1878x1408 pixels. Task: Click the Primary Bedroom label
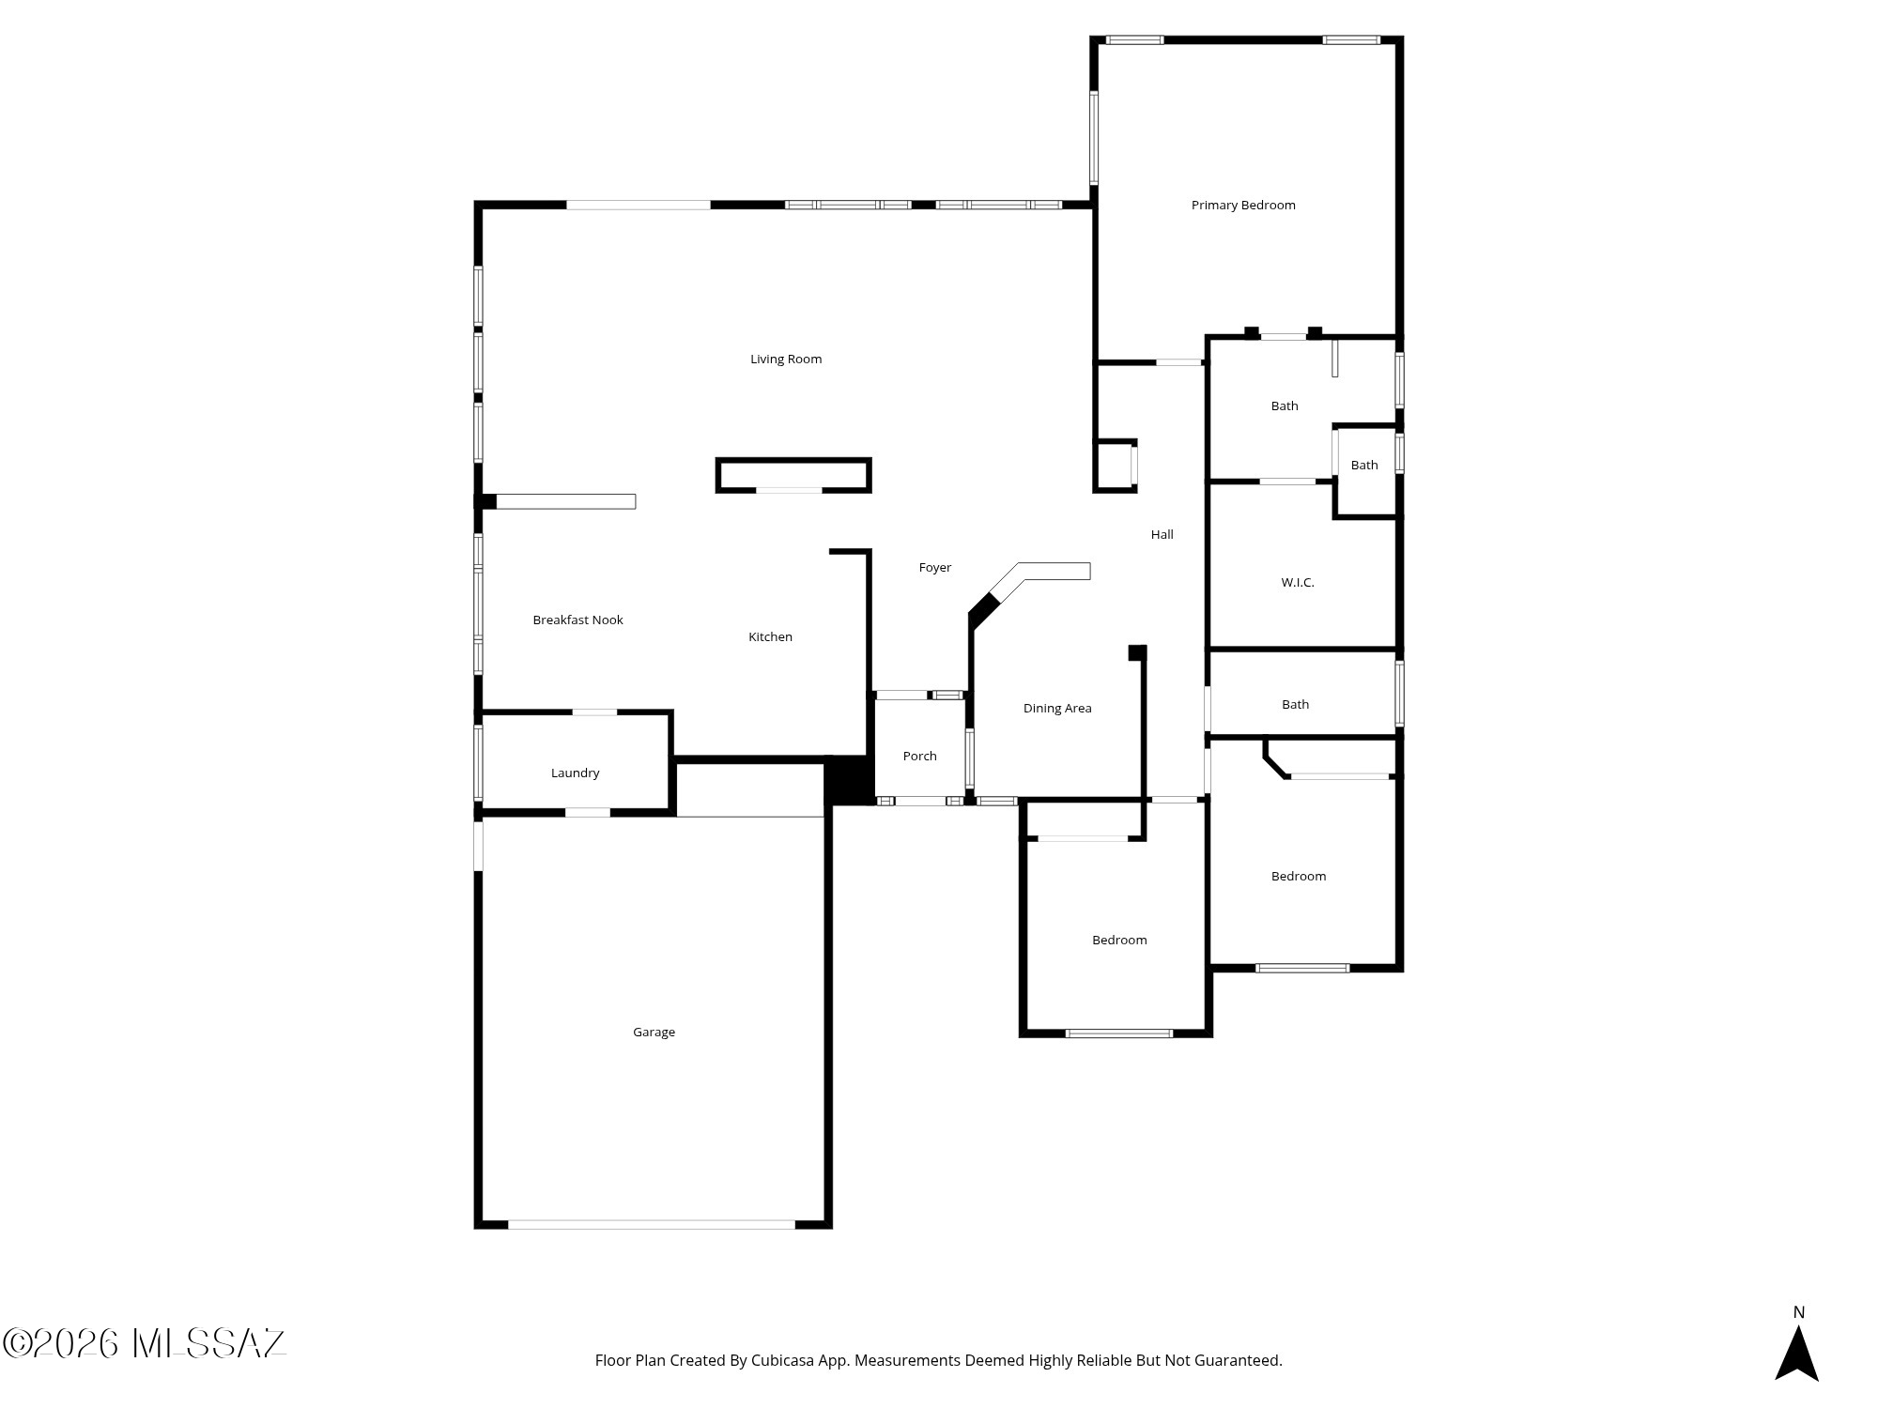click(1243, 206)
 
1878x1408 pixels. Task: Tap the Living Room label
click(786, 360)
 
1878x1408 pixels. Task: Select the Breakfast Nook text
click(577, 620)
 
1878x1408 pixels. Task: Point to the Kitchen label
click(770, 637)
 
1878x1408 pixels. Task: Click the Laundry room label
click(575, 773)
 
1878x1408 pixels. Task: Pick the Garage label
click(654, 1033)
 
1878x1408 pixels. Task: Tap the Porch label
click(919, 757)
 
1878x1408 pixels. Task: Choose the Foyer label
click(934, 568)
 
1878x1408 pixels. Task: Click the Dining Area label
click(1057, 709)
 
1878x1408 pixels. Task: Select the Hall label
click(1162, 535)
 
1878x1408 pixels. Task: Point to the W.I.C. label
click(1298, 583)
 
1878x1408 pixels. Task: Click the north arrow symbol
click(1797, 1353)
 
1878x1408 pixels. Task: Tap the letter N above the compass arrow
click(1798, 1312)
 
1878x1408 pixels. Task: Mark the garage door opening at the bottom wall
click(652, 1224)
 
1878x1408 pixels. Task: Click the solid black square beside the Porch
click(850, 780)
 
